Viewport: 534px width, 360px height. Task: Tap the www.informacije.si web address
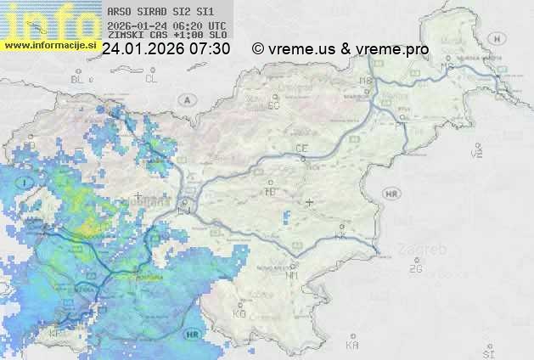pos(49,44)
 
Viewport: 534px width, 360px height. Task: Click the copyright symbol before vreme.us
pos(258,49)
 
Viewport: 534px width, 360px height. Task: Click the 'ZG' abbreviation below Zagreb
pos(415,269)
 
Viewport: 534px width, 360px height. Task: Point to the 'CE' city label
pos(301,149)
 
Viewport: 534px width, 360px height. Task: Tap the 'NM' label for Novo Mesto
pos(293,275)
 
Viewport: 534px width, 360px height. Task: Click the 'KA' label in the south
pos(352,345)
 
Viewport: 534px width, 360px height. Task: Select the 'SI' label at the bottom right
pos(487,351)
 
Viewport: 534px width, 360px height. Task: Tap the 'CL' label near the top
pos(151,79)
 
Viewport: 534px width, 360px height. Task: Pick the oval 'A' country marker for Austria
pos(186,99)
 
